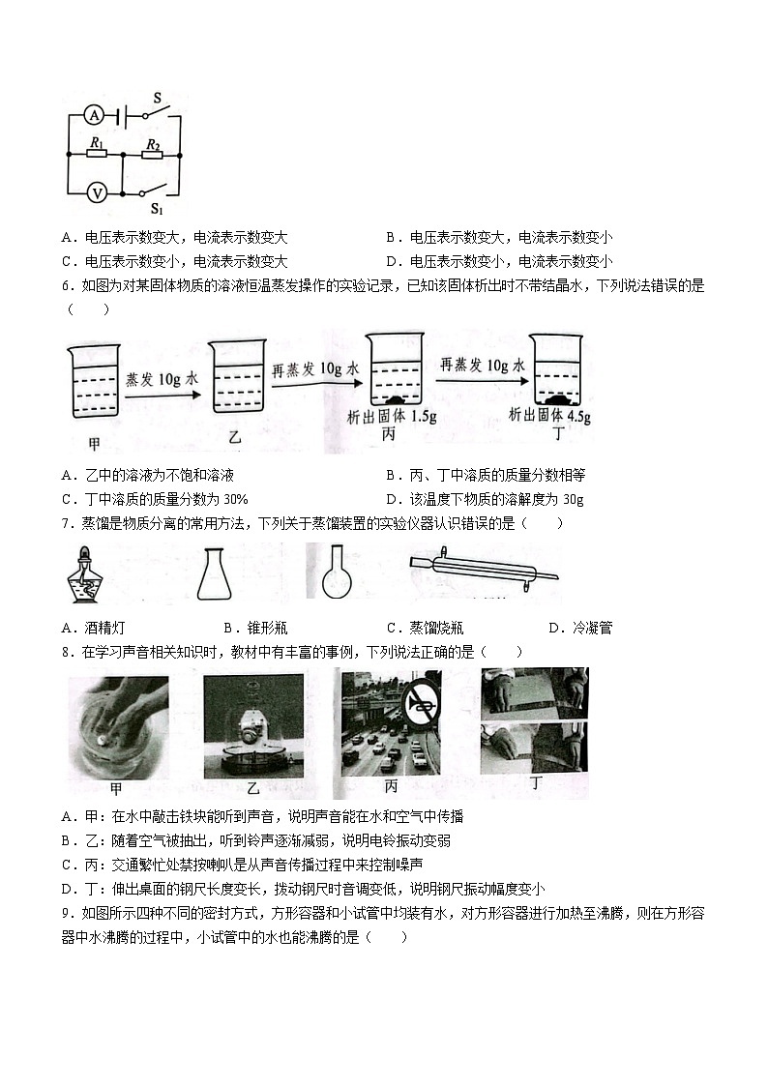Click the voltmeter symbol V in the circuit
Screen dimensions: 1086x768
(97, 192)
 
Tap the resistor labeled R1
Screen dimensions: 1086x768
(97, 152)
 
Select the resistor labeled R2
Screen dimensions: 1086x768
(152, 152)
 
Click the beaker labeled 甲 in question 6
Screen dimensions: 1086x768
(93, 381)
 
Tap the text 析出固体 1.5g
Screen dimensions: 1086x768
(387, 416)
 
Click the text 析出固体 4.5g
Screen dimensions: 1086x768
(550, 416)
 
